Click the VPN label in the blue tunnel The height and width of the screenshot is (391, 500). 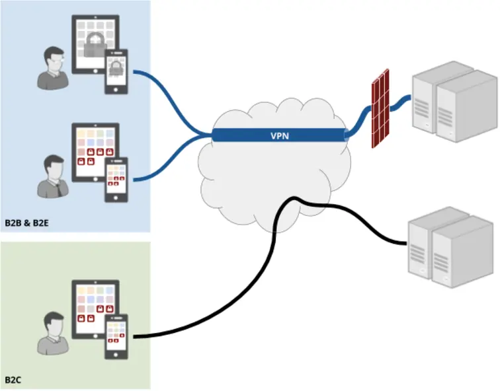click(x=279, y=136)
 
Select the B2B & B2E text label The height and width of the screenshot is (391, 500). click(x=28, y=223)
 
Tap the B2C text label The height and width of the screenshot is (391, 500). click(x=14, y=380)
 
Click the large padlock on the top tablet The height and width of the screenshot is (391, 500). click(x=97, y=43)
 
